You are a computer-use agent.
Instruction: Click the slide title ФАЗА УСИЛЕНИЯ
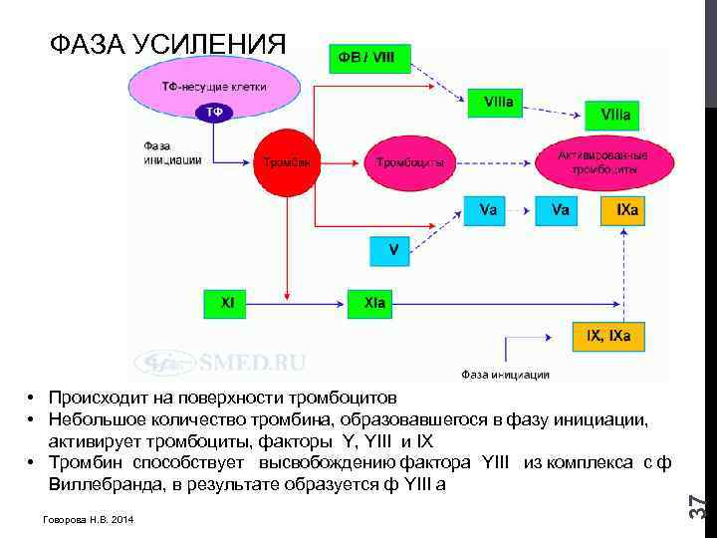[167, 45]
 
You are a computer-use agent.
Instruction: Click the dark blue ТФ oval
[214, 113]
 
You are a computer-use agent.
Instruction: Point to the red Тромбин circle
[287, 162]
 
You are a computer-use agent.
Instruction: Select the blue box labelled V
[392, 250]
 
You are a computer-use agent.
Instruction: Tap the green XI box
[228, 302]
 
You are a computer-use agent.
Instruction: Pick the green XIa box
[374, 302]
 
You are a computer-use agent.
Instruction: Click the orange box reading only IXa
[627, 210]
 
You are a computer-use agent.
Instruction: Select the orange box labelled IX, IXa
[607, 337]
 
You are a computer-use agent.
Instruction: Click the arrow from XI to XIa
[300, 302]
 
